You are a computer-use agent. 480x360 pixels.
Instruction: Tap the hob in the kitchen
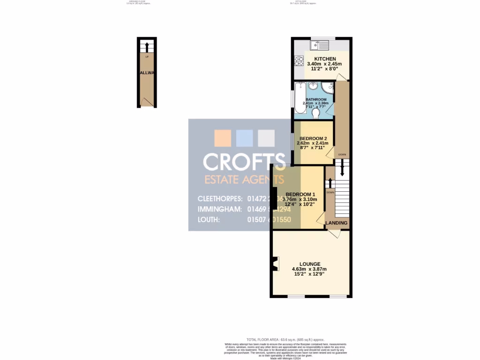pyautogui.click(x=298, y=61)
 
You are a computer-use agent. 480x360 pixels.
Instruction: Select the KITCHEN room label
pyautogui.click(x=325, y=59)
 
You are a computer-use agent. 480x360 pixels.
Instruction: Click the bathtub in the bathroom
pyautogui.click(x=300, y=97)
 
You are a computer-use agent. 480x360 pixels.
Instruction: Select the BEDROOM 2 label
pyautogui.click(x=313, y=138)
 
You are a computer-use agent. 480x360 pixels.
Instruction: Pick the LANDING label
pyautogui.click(x=337, y=223)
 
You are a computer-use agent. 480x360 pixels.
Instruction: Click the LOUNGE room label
pyautogui.click(x=309, y=264)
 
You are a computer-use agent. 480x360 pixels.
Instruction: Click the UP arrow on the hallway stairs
pyautogui.click(x=147, y=47)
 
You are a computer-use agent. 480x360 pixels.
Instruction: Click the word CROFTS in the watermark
pyautogui.click(x=244, y=162)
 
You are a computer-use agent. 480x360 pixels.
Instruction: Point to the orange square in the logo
pyautogui.click(x=223, y=138)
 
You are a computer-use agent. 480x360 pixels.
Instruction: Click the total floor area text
pyautogui.click(x=285, y=339)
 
